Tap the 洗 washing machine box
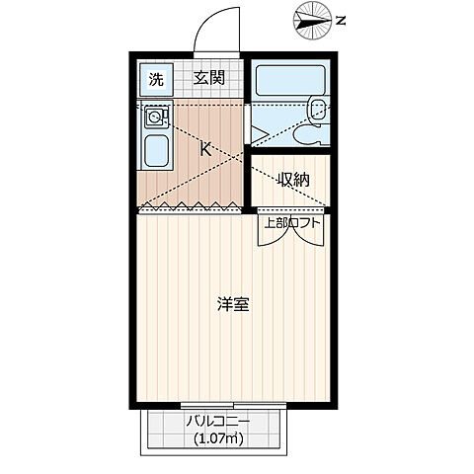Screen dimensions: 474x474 coord(155,78)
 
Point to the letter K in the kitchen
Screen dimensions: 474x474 coord(205,150)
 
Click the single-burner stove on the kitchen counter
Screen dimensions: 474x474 coord(155,118)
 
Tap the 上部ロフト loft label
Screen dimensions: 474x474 coord(291,222)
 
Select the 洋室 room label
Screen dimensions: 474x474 coord(233,304)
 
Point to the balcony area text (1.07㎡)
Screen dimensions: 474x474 coord(219,439)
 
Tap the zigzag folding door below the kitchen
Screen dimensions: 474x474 coord(191,207)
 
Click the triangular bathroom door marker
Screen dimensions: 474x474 coord(255,134)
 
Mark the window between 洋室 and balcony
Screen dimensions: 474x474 coord(235,406)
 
